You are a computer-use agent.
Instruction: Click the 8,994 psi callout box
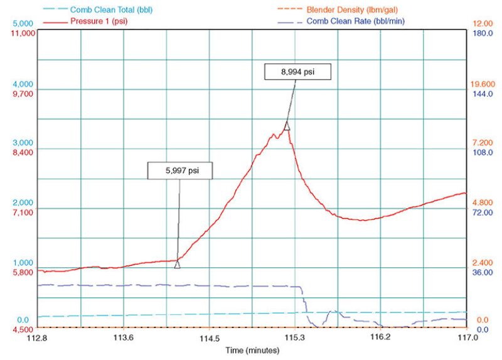pos(297,72)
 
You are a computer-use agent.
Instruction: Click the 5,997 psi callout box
pos(180,171)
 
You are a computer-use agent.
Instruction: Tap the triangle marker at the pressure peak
pos(287,126)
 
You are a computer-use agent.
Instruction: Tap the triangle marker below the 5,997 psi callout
pos(177,265)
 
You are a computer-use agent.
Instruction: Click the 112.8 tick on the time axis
pos(38,337)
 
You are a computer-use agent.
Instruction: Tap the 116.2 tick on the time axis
pos(380,337)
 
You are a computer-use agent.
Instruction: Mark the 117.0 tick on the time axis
pos(466,337)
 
